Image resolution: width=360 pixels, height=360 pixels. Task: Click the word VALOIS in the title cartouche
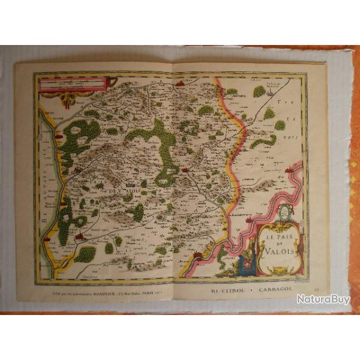(x=280, y=251)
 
